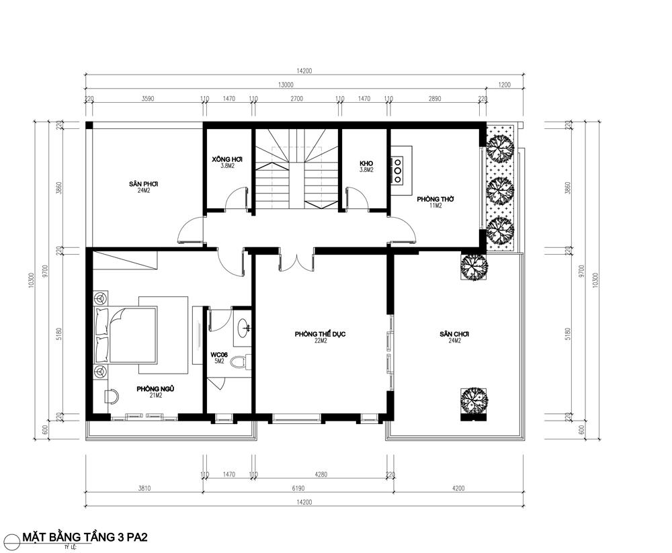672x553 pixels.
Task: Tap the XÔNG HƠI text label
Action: [226, 160]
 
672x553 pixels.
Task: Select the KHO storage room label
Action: [366, 164]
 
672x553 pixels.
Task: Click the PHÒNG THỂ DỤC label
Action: [320, 334]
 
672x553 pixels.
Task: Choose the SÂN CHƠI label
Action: [454, 334]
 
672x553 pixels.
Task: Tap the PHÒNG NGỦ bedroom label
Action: [150, 389]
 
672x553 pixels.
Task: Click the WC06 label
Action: [220, 354]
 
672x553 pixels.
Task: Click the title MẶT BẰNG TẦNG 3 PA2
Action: [85, 537]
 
